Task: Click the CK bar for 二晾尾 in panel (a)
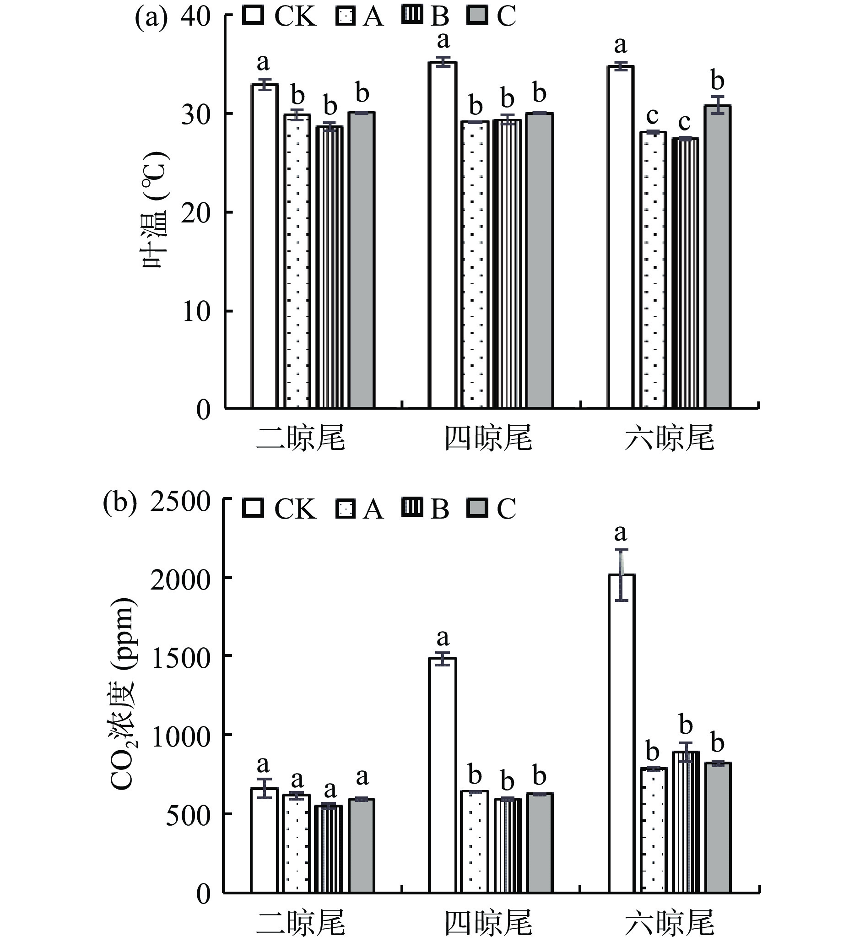265,246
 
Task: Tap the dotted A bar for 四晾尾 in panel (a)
475,265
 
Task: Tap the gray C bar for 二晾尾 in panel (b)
362,845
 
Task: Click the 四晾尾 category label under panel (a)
488,438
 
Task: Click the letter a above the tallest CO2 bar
621,533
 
